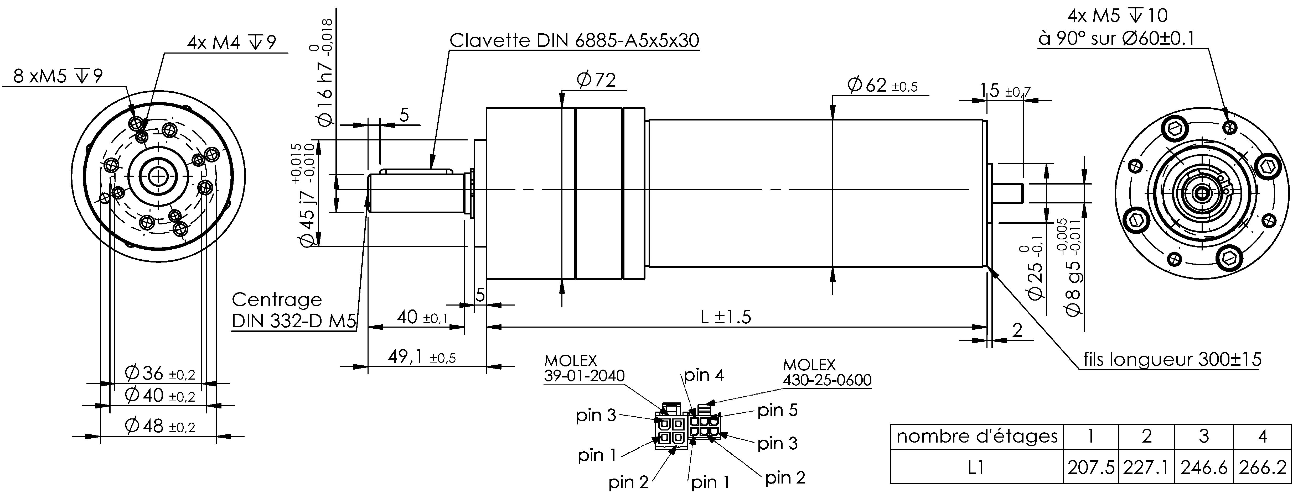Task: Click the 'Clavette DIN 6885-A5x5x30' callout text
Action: (x=574, y=40)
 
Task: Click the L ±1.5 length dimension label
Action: (x=726, y=317)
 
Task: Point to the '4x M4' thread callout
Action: (x=232, y=43)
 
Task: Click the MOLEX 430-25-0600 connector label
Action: (x=827, y=372)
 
